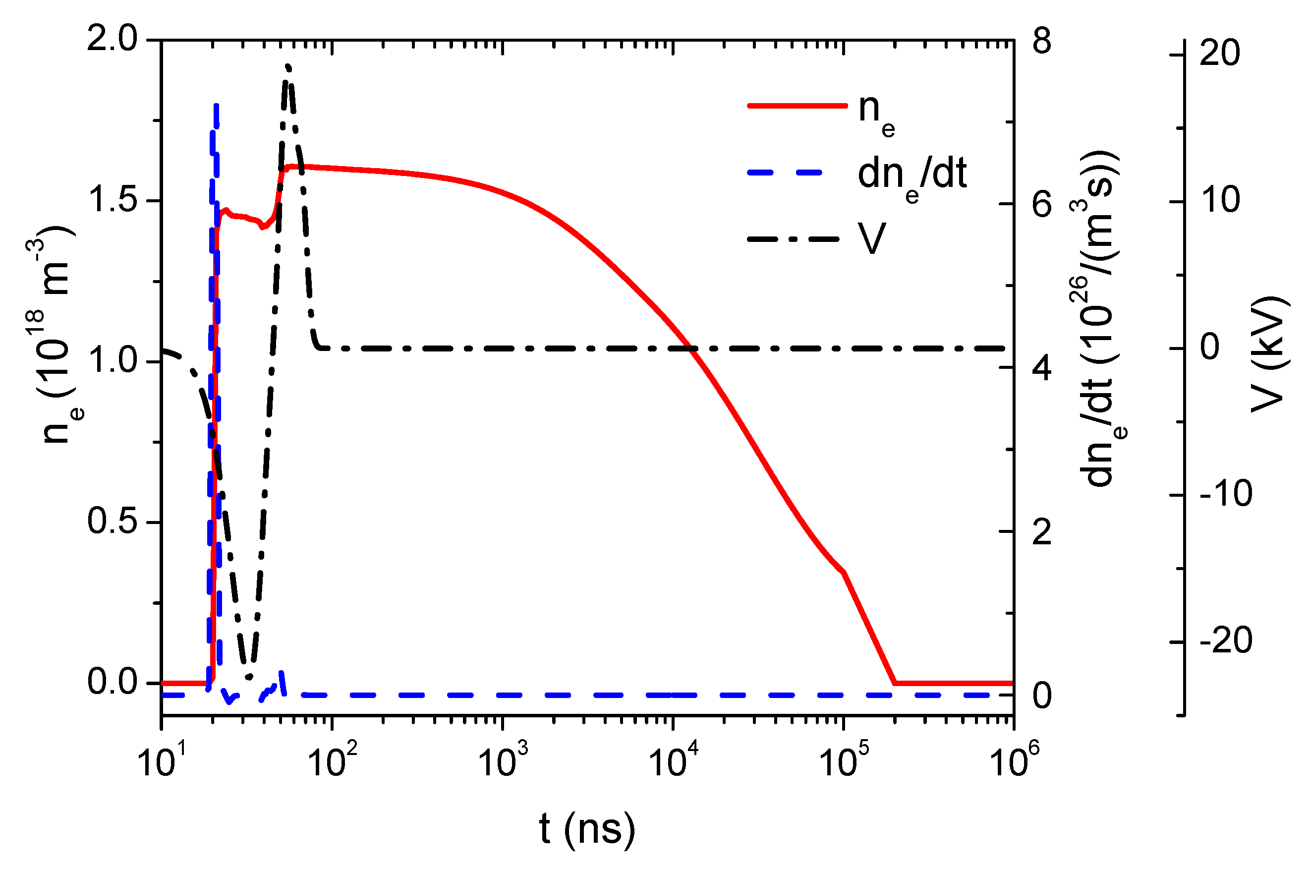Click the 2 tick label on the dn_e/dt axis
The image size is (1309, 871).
tap(1042, 531)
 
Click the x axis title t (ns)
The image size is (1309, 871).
tap(587, 829)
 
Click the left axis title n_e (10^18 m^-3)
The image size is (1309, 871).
tap(56, 333)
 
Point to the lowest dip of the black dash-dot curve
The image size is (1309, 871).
tap(248, 677)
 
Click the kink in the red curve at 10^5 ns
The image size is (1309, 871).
tap(844, 572)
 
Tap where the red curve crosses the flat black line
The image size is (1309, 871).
tap(691, 348)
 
